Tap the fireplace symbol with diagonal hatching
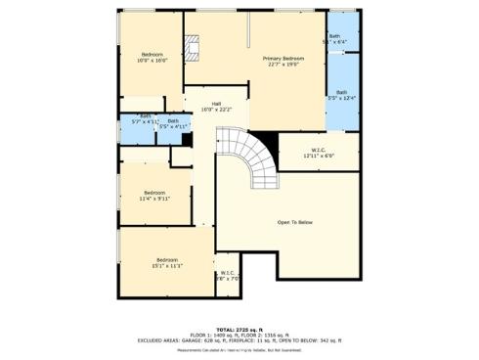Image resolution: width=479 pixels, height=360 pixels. point(196,45)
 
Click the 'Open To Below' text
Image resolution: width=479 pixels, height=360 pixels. point(295,222)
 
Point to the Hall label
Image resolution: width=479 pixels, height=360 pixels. point(216,104)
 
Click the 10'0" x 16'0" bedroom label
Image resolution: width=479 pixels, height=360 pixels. point(152,54)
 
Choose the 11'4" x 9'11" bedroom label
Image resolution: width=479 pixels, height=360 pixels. point(154,193)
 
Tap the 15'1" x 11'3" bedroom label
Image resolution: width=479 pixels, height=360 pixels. point(167,259)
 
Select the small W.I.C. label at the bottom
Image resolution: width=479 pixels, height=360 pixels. point(227,273)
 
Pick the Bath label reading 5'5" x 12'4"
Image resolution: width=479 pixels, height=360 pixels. point(342,93)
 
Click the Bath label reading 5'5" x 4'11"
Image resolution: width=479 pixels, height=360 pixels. point(173,121)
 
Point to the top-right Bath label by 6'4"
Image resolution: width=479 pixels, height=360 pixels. point(334,36)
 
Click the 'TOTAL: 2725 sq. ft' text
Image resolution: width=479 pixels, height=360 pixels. point(239,329)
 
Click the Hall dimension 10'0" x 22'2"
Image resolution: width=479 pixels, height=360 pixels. point(216,110)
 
